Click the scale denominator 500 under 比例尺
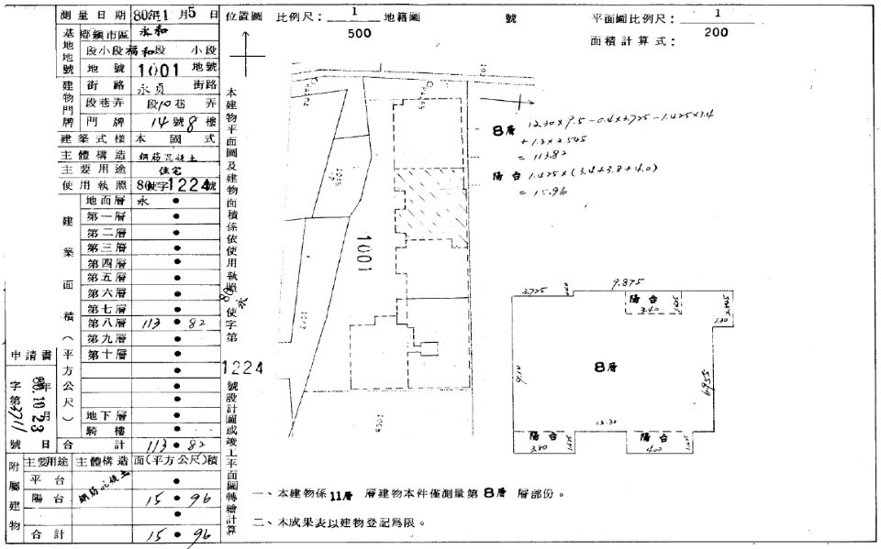(x=360, y=33)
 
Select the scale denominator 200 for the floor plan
(x=717, y=32)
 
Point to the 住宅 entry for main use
(x=173, y=170)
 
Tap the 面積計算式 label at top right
(x=634, y=41)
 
